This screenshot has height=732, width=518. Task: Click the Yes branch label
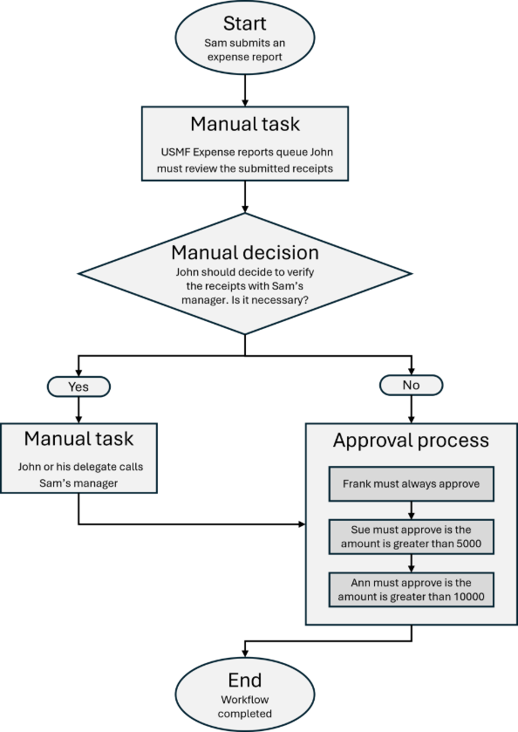tap(79, 385)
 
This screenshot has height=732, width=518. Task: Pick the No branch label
tap(411, 385)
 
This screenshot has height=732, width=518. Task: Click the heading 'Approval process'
tap(411, 441)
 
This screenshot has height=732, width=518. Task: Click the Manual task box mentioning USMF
tap(245, 144)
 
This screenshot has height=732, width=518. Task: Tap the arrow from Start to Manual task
tap(245, 90)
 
